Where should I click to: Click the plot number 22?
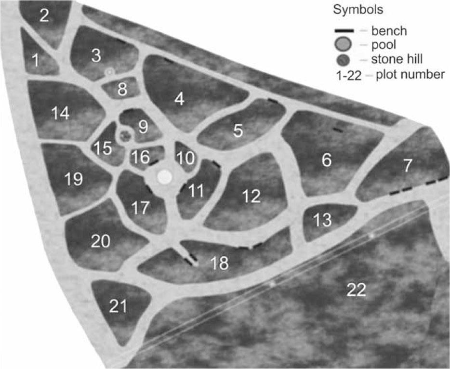point(356,290)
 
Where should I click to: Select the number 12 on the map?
point(252,196)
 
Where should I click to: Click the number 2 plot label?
point(44,16)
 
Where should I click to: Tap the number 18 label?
point(220,263)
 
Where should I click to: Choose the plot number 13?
point(323,220)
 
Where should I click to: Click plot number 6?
point(327,160)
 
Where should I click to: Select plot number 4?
point(180,100)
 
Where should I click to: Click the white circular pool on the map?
point(165,177)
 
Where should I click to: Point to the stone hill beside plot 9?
point(126,136)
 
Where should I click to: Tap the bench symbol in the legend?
point(345,31)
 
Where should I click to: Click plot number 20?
point(101,241)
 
